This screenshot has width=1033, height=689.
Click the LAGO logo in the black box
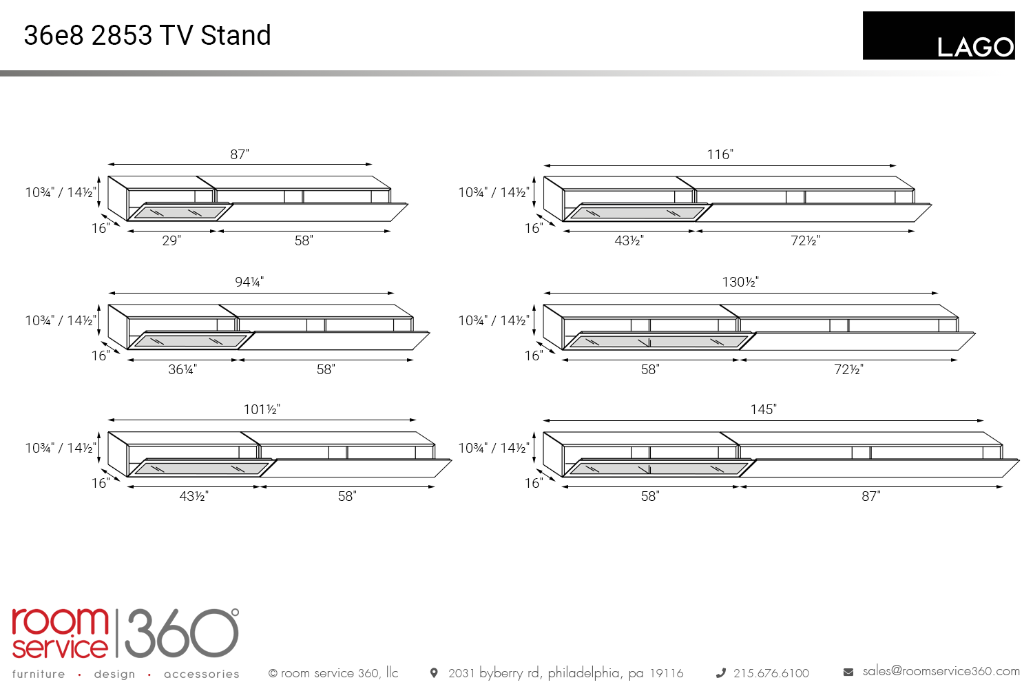975,48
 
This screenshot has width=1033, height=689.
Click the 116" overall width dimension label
720,154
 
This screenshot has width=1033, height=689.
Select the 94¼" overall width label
249,282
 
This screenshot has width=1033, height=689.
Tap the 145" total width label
763,409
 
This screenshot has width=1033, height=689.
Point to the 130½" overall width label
740,282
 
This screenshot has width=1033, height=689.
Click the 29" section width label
171,240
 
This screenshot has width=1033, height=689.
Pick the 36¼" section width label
182,369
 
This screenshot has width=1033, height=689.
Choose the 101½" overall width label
262,409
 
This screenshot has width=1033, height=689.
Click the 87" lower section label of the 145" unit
870,496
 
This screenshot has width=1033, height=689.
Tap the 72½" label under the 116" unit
805,240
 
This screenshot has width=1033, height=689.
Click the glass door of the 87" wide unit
180,212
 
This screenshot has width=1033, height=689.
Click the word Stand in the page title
236,35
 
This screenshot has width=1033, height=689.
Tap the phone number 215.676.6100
771,673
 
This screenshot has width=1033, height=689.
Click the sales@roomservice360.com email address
941,671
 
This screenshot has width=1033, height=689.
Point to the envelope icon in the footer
848,672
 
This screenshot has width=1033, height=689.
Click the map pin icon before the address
433,673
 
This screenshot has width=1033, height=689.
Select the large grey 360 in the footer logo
182,633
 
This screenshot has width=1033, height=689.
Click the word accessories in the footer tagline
202,674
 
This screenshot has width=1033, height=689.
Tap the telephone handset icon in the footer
720,673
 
